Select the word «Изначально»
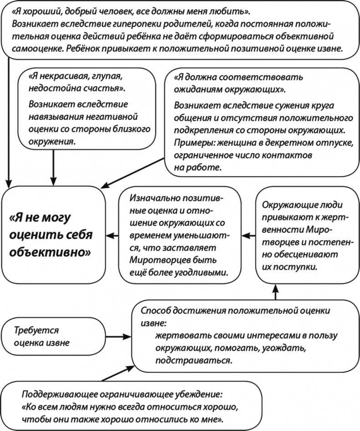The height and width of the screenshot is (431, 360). (153, 199)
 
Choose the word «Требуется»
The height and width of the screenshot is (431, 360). (37, 330)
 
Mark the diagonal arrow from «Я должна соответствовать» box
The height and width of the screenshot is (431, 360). (132, 172)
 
